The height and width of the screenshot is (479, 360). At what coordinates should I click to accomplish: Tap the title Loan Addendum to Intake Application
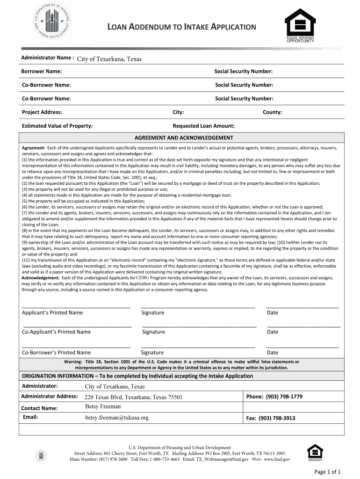click(x=182, y=27)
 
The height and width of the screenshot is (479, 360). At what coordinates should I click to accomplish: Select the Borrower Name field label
click(x=42, y=72)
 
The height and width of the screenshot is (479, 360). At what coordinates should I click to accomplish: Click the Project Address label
click(x=42, y=112)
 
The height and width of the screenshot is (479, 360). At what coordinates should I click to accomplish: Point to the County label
click(x=272, y=112)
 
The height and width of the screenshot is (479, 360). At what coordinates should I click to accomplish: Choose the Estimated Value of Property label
click(x=57, y=126)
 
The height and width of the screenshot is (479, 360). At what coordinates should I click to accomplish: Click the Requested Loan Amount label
click(x=204, y=126)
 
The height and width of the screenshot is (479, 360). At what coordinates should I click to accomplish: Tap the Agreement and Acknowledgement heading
click(x=184, y=138)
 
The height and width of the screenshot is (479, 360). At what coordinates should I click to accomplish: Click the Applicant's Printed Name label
click(x=52, y=312)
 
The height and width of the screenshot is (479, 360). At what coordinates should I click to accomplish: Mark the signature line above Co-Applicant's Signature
click(x=199, y=326)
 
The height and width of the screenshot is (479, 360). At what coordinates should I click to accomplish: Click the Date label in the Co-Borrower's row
click(x=272, y=353)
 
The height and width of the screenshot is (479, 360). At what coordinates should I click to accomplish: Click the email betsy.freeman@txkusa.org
click(x=117, y=417)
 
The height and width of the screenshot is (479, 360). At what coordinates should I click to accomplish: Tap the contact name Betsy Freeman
click(x=103, y=406)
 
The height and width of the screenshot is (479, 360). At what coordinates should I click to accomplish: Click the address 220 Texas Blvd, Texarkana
click(x=133, y=397)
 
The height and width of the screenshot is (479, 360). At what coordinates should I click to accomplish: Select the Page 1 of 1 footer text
click(x=330, y=471)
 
